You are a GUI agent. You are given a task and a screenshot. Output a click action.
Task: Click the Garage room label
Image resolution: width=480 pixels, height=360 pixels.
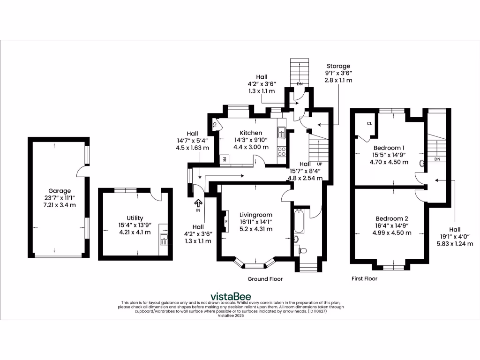pos(59,191)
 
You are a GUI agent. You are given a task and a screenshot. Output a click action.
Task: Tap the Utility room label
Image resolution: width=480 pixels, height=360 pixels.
pos(135,218)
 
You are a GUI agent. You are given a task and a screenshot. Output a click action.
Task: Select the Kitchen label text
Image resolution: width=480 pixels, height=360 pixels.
pos(251,133)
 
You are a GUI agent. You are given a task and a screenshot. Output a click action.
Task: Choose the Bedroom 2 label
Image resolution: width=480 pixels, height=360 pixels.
pos(391,218)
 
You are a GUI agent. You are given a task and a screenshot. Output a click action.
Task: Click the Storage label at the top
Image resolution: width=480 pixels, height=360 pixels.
pos(338,66)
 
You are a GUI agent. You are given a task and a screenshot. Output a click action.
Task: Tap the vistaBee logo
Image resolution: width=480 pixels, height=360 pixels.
pos(231,296)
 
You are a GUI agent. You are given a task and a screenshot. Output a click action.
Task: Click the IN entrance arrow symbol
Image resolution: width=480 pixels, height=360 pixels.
pos(198,202)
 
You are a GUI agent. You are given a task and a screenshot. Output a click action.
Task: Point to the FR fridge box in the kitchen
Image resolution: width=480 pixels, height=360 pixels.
pos(224,160)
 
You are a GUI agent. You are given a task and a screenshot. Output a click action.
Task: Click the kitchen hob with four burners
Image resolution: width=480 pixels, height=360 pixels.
pos(282,151)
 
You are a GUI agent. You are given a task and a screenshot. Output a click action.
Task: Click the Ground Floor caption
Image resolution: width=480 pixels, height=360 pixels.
pos(265,279)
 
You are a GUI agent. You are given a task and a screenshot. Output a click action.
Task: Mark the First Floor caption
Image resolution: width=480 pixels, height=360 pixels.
pos(364,278)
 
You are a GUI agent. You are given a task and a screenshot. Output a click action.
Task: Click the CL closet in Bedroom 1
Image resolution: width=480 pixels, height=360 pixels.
pos(369,124)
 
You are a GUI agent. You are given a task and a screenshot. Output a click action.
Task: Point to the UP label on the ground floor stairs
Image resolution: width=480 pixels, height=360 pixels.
pos(320,165)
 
